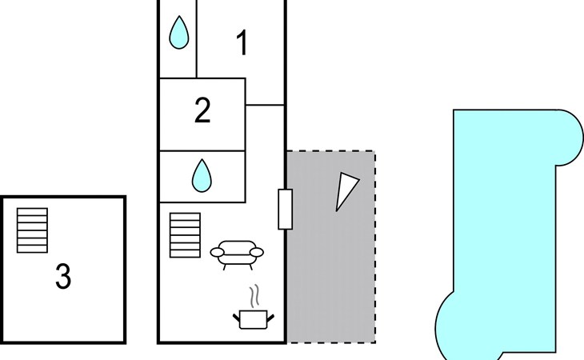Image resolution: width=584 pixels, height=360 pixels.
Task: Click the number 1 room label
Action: pyautogui.click(x=242, y=43)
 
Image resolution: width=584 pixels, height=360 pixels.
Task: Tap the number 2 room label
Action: pyautogui.click(x=202, y=110)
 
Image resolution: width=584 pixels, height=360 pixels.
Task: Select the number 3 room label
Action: pyautogui.click(x=63, y=276)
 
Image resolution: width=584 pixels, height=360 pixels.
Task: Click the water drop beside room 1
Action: pyautogui.click(x=178, y=32)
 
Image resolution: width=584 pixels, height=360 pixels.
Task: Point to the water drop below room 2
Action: pyautogui.click(x=202, y=176)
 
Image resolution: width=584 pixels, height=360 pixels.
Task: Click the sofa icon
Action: pyautogui.click(x=237, y=254)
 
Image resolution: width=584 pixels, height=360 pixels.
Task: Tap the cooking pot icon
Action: pyautogui.click(x=254, y=319)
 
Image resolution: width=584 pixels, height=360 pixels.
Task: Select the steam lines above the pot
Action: pyautogui.click(x=254, y=296)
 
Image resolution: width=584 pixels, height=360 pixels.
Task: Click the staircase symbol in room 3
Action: pyautogui.click(x=33, y=230)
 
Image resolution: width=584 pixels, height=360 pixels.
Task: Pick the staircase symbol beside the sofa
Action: pyautogui.click(x=185, y=235)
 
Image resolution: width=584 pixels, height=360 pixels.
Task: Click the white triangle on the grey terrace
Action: pyautogui.click(x=346, y=191)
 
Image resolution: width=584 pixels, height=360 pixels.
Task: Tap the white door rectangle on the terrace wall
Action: pyautogui.click(x=286, y=210)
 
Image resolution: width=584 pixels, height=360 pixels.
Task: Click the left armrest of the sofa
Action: pyautogui.click(x=217, y=253)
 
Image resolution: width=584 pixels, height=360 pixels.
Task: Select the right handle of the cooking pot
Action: pyautogui.click(x=270, y=318)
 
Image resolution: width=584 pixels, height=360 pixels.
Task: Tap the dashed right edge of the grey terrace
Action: pyautogui.click(x=375, y=246)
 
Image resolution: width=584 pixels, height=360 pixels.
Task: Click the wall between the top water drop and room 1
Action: pyautogui.click(x=196, y=38)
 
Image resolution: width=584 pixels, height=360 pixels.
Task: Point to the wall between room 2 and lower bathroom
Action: pyautogui.click(x=202, y=150)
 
